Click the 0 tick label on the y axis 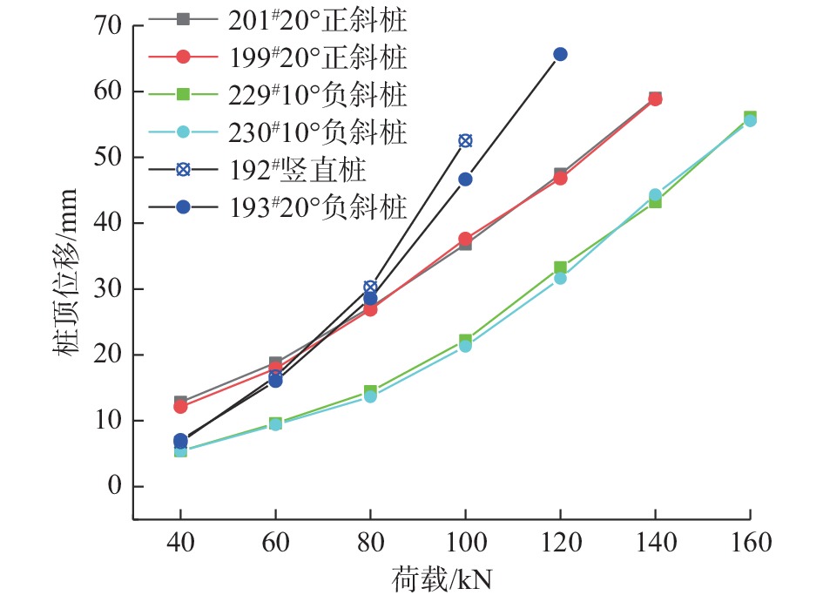click(x=112, y=486)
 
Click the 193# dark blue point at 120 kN click(x=560, y=54)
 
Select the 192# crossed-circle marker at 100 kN click(x=465, y=140)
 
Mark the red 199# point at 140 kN click(x=655, y=99)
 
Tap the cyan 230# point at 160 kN click(x=750, y=120)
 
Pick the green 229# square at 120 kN click(x=560, y=267)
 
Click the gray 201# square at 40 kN click(x=180, y=402)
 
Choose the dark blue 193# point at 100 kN click(x=465, y=179)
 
